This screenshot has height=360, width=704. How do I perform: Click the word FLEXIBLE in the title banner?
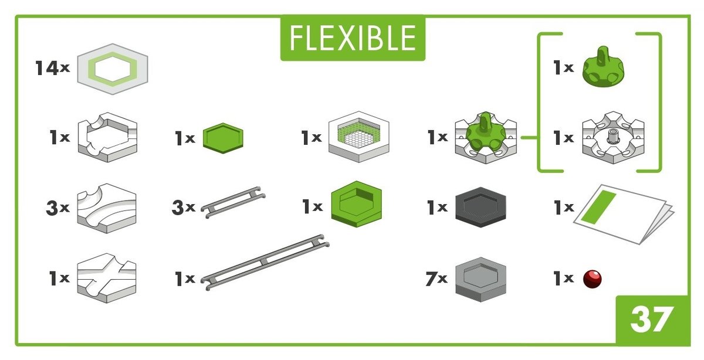[353, 38]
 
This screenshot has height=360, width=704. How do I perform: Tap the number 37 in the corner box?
[652, 319]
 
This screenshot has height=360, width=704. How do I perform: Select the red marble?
[593, 279]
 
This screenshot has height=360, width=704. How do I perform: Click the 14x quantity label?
[52, 68]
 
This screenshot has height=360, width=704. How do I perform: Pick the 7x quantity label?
[436, 279]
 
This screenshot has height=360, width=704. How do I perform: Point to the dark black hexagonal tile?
[481, 207]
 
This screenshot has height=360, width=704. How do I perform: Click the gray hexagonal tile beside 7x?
[481, 279]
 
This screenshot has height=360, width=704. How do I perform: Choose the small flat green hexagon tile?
[223, 138]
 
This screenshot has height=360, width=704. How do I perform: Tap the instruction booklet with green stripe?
[624, 214]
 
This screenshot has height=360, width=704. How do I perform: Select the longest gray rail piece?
[265, 262]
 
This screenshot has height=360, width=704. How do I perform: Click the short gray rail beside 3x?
[233, 202]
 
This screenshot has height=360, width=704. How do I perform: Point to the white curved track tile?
[107, 208]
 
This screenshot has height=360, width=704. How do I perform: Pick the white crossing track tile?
[107, 278]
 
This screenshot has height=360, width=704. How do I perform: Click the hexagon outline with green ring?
[113, 69]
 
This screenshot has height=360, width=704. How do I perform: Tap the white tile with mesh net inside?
[359, 137]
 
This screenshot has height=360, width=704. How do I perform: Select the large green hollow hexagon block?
[357, 204]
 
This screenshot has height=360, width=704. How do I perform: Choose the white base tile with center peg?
[613, 137]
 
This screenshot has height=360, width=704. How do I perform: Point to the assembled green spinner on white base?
[486, 137]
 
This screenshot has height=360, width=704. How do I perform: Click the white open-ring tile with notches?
[107, 137]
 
